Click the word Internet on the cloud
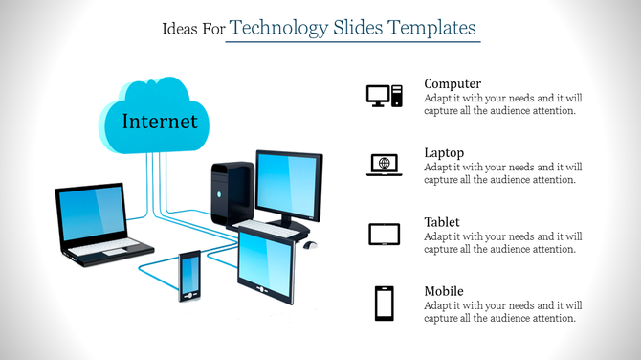[160, 122]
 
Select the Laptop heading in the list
[444, 153]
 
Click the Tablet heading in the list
[442, 222]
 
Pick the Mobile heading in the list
[444, 291]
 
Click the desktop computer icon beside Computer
[384, 95]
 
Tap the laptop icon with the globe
[384, 164]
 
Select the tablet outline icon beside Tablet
[384, 234]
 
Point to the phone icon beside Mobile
[384, 303]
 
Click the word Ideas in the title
[182, 30]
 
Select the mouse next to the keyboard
[309, 244]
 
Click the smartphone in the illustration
[189, 275]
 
